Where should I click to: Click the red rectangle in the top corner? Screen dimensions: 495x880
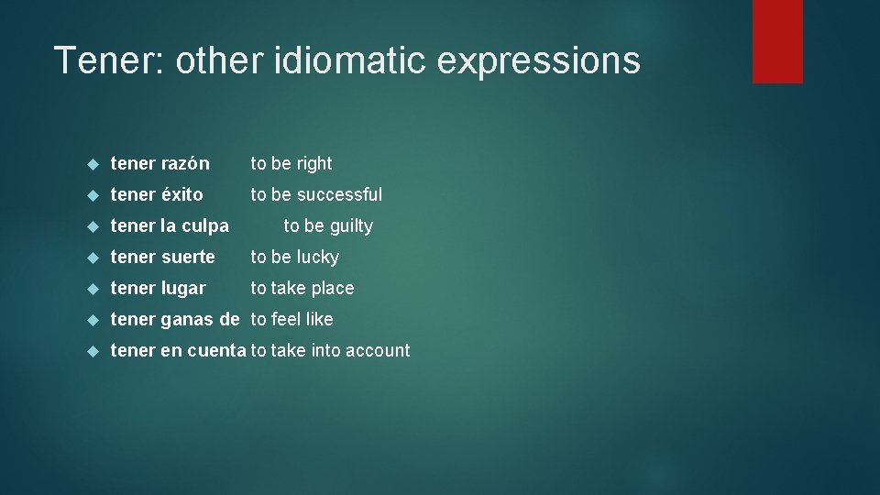click(x=777, y=40)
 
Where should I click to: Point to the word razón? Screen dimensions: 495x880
click(x=186, y=164)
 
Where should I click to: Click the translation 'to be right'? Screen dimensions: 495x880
click(x=291, y=164)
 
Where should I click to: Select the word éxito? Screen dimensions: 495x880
click(x=182, y=195)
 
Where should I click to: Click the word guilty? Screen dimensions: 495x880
click(x=351, y=226)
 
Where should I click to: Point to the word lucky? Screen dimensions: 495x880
click(x=317, y=258)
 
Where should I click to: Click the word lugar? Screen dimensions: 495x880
click(x=184, y=289)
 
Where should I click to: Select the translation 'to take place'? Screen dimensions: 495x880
click(x=302, y=289)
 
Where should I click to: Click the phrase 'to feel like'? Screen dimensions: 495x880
click(x=292, y=320)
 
